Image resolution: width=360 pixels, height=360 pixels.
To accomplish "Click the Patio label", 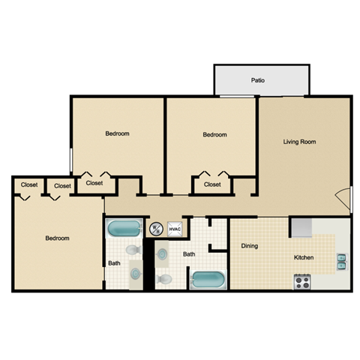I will click(x=257, y=80).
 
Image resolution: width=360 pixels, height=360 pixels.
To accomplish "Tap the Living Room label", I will click(x=298, y=142).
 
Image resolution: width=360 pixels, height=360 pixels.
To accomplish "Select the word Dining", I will click(x=250, y=246).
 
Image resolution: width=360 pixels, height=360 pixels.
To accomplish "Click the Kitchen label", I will click(x=303, y=258).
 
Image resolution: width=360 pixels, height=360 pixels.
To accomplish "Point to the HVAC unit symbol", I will click(x=174, y=229).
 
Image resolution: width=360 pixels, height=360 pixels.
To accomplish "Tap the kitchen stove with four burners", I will click(x=301, y=282).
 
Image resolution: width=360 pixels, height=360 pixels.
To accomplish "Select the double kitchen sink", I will click(x=342, y=261).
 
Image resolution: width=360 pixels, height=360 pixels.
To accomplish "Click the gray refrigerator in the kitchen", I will click(x=301, y=226).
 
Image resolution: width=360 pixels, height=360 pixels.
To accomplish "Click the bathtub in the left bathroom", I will click(x=123, y=228).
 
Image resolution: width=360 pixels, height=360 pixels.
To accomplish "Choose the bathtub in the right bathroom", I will click(x=207, y=281).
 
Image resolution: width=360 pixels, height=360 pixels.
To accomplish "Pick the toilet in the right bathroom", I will click(x=165, y=280).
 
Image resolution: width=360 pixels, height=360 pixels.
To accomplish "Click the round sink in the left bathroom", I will click(x=135, y=272).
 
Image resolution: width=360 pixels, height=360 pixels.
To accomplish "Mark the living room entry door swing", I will click(x=343, y=199).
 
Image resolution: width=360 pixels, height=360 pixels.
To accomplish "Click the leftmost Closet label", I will click(x=29, y=184).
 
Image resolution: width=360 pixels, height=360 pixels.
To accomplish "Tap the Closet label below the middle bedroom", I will click(x=212, y=184).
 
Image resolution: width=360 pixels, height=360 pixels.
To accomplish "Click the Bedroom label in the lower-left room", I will click(x=57, y=238).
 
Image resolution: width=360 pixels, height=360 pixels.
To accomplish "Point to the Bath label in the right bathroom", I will click(x=189, y=254).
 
